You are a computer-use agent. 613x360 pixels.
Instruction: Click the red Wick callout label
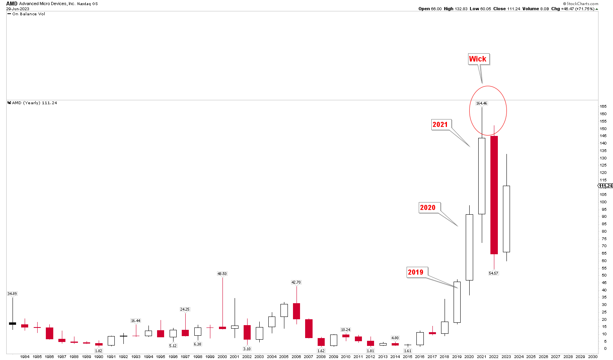477,59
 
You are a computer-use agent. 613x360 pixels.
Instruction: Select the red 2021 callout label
440,125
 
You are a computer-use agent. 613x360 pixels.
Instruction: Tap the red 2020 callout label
427,208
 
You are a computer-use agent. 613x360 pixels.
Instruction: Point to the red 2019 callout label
416,272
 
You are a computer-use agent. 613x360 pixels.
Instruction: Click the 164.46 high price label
481,103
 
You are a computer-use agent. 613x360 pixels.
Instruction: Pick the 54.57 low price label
494,273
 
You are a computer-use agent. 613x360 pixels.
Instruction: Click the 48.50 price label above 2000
222,274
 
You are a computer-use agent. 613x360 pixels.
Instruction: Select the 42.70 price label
296,282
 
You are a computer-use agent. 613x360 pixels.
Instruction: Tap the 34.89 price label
12,293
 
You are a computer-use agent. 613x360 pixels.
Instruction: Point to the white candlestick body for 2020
469,247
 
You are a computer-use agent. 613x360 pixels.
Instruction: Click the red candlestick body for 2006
297,311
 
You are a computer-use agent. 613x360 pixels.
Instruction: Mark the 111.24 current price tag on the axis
606,186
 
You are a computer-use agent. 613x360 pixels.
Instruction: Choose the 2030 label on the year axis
593,357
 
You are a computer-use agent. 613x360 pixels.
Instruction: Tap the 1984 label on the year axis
25,357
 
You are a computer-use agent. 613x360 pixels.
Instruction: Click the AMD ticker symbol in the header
12,4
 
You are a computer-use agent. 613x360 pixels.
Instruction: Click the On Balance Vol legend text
29,14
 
